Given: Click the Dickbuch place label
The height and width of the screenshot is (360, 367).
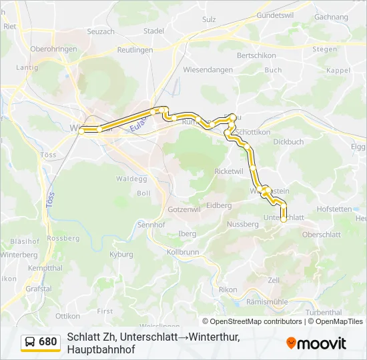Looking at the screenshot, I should tap(288, 141).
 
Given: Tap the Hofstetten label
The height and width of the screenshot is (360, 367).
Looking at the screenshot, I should tap(334, 209).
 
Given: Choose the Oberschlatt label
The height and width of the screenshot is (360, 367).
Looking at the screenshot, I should tap(322, 234).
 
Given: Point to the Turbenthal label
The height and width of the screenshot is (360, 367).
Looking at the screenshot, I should tap(324, 312).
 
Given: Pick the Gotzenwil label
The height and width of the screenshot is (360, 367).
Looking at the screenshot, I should tap(184, 209).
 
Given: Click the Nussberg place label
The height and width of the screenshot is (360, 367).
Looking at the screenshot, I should tap(243, 224).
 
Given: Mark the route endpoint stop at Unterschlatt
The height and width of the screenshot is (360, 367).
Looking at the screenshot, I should tap(284, 219).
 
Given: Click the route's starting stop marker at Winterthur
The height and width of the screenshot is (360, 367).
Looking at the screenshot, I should tap(81, 131).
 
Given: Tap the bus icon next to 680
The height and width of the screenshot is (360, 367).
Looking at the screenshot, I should tap(30, 342).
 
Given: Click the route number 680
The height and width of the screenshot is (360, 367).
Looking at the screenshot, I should tap(48, 342).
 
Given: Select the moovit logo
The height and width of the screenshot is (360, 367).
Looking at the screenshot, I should tap(316, 343).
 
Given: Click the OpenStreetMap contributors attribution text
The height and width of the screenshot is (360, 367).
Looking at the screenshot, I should tap(253, 321).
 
